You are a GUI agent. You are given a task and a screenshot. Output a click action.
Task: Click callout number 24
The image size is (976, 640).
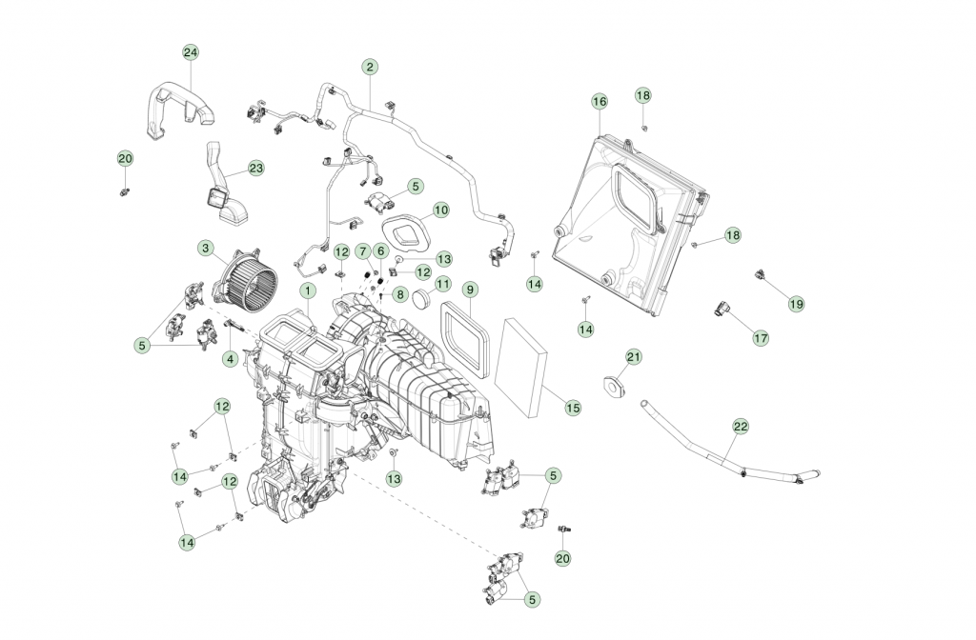pos(191,52)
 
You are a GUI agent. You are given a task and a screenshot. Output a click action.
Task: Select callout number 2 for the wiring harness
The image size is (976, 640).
pos(369,67)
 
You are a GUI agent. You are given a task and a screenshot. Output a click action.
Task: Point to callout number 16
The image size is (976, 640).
pos(599,101)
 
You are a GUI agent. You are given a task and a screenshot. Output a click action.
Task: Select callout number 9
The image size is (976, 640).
pos(469,289)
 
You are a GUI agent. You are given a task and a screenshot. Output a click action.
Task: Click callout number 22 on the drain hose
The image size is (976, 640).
pos(741,427)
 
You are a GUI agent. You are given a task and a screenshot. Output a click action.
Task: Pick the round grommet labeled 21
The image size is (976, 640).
pos(612,387)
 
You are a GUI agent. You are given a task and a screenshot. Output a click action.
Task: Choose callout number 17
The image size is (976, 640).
pos(760,337)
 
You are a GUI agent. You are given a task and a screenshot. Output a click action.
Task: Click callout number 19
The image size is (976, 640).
pos(796,303)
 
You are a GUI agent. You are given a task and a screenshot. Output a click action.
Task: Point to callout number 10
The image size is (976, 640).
pos(440,210)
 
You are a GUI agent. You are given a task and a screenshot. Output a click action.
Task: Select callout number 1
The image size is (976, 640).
pos(308,289)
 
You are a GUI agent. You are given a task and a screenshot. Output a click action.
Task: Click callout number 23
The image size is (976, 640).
pos(255,169)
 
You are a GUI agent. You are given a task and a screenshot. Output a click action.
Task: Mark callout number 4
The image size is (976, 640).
pos(230,359)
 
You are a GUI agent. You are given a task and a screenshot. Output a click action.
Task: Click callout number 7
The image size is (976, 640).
pos(362,250)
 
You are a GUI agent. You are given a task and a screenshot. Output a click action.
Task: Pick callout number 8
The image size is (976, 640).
pos(400,294)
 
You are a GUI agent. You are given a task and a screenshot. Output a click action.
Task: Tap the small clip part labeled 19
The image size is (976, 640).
pos(762,275)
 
